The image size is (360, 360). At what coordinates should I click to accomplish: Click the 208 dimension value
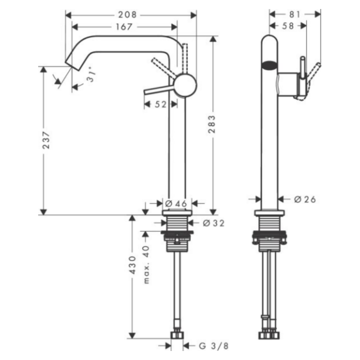click(x=130, y=15)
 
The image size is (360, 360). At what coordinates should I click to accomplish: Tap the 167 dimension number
click(x=123, y=27)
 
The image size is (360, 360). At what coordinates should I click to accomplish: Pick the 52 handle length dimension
click(x=160, y=104)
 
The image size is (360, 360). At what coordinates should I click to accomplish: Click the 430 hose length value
click(x=132, y=265)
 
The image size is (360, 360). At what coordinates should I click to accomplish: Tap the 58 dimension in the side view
click(x=288, y=26)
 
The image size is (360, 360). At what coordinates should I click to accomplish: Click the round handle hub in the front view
click(x=185, y=85)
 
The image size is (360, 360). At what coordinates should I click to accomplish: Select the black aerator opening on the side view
click(x=269, y=66)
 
